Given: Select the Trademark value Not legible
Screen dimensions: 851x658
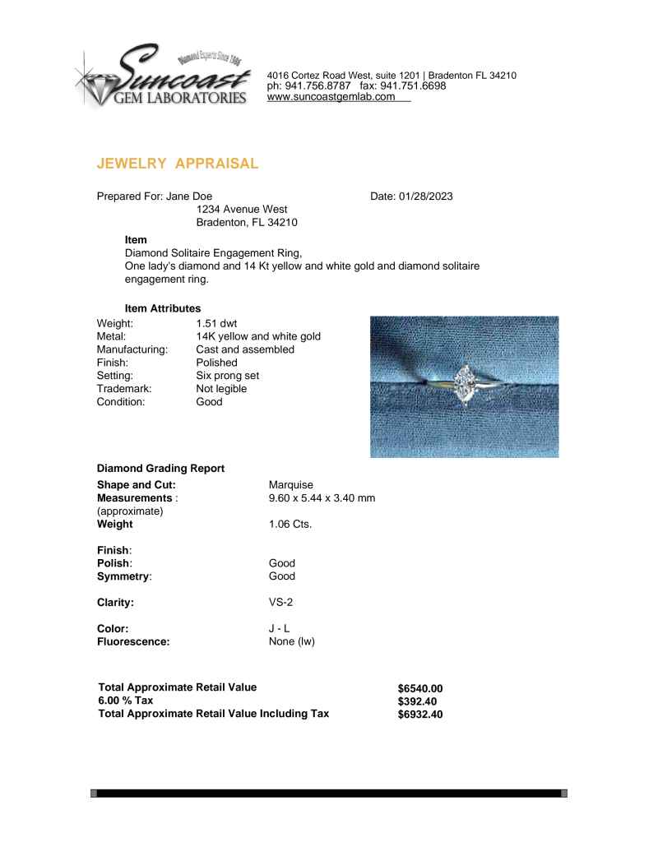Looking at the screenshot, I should coord(221,389).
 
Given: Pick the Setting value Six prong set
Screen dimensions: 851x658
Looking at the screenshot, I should coord(228,376).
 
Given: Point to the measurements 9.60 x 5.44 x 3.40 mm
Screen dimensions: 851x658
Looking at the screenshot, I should coord(322,498).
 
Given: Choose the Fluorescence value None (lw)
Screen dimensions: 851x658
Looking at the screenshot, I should coord(292,642).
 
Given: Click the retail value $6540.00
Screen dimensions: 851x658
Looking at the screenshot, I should coord(420,688).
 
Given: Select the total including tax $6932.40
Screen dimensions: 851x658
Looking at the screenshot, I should coord(420,715).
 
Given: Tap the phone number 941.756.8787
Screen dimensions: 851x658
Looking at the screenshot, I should coord(317,86).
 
